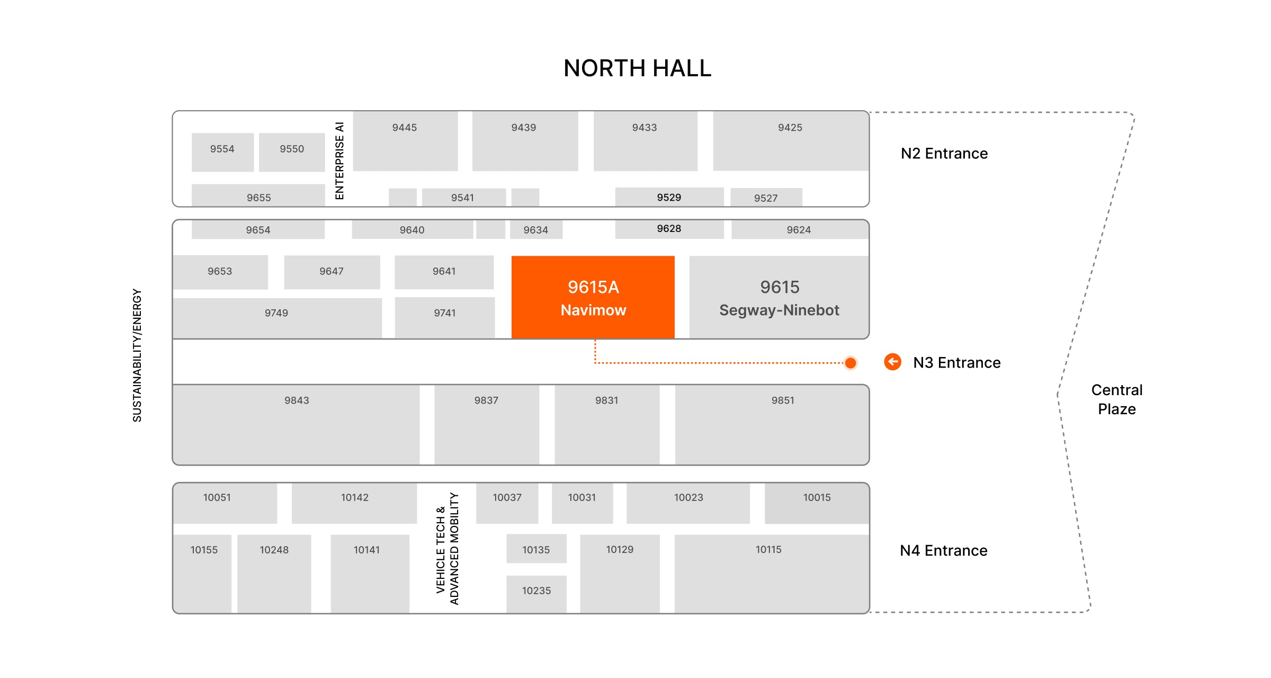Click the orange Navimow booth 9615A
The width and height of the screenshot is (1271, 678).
[x=593, y=297]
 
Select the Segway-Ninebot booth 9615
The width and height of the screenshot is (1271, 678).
[x=779, y=297]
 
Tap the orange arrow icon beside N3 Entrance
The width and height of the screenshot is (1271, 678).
[x=892, y=362]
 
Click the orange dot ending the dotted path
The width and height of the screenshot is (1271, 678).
[x=851, y=363]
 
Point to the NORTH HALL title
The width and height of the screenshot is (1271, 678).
[x=637, y=68]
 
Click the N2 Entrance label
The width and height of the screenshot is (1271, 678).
[x=944, y=154]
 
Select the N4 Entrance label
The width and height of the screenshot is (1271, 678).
[x=943, y=551]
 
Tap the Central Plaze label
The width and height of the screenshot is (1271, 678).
[x=1116, y=399]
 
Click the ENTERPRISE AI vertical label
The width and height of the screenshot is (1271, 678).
[x=339, y=160]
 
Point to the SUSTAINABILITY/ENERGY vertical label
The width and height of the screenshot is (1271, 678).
[x=137, y=355]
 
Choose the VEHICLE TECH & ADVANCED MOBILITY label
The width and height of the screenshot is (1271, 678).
[x=447, y=548]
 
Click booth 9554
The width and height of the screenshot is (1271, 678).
[x=222, y=151]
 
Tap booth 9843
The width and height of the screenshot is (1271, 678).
[x=296, y=424]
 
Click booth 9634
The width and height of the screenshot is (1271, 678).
[x=536, y=230]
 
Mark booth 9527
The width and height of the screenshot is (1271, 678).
[x=766, y=198]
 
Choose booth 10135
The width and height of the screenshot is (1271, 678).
[x=536, y=549]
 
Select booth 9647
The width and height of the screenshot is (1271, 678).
[x=332, y=272]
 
